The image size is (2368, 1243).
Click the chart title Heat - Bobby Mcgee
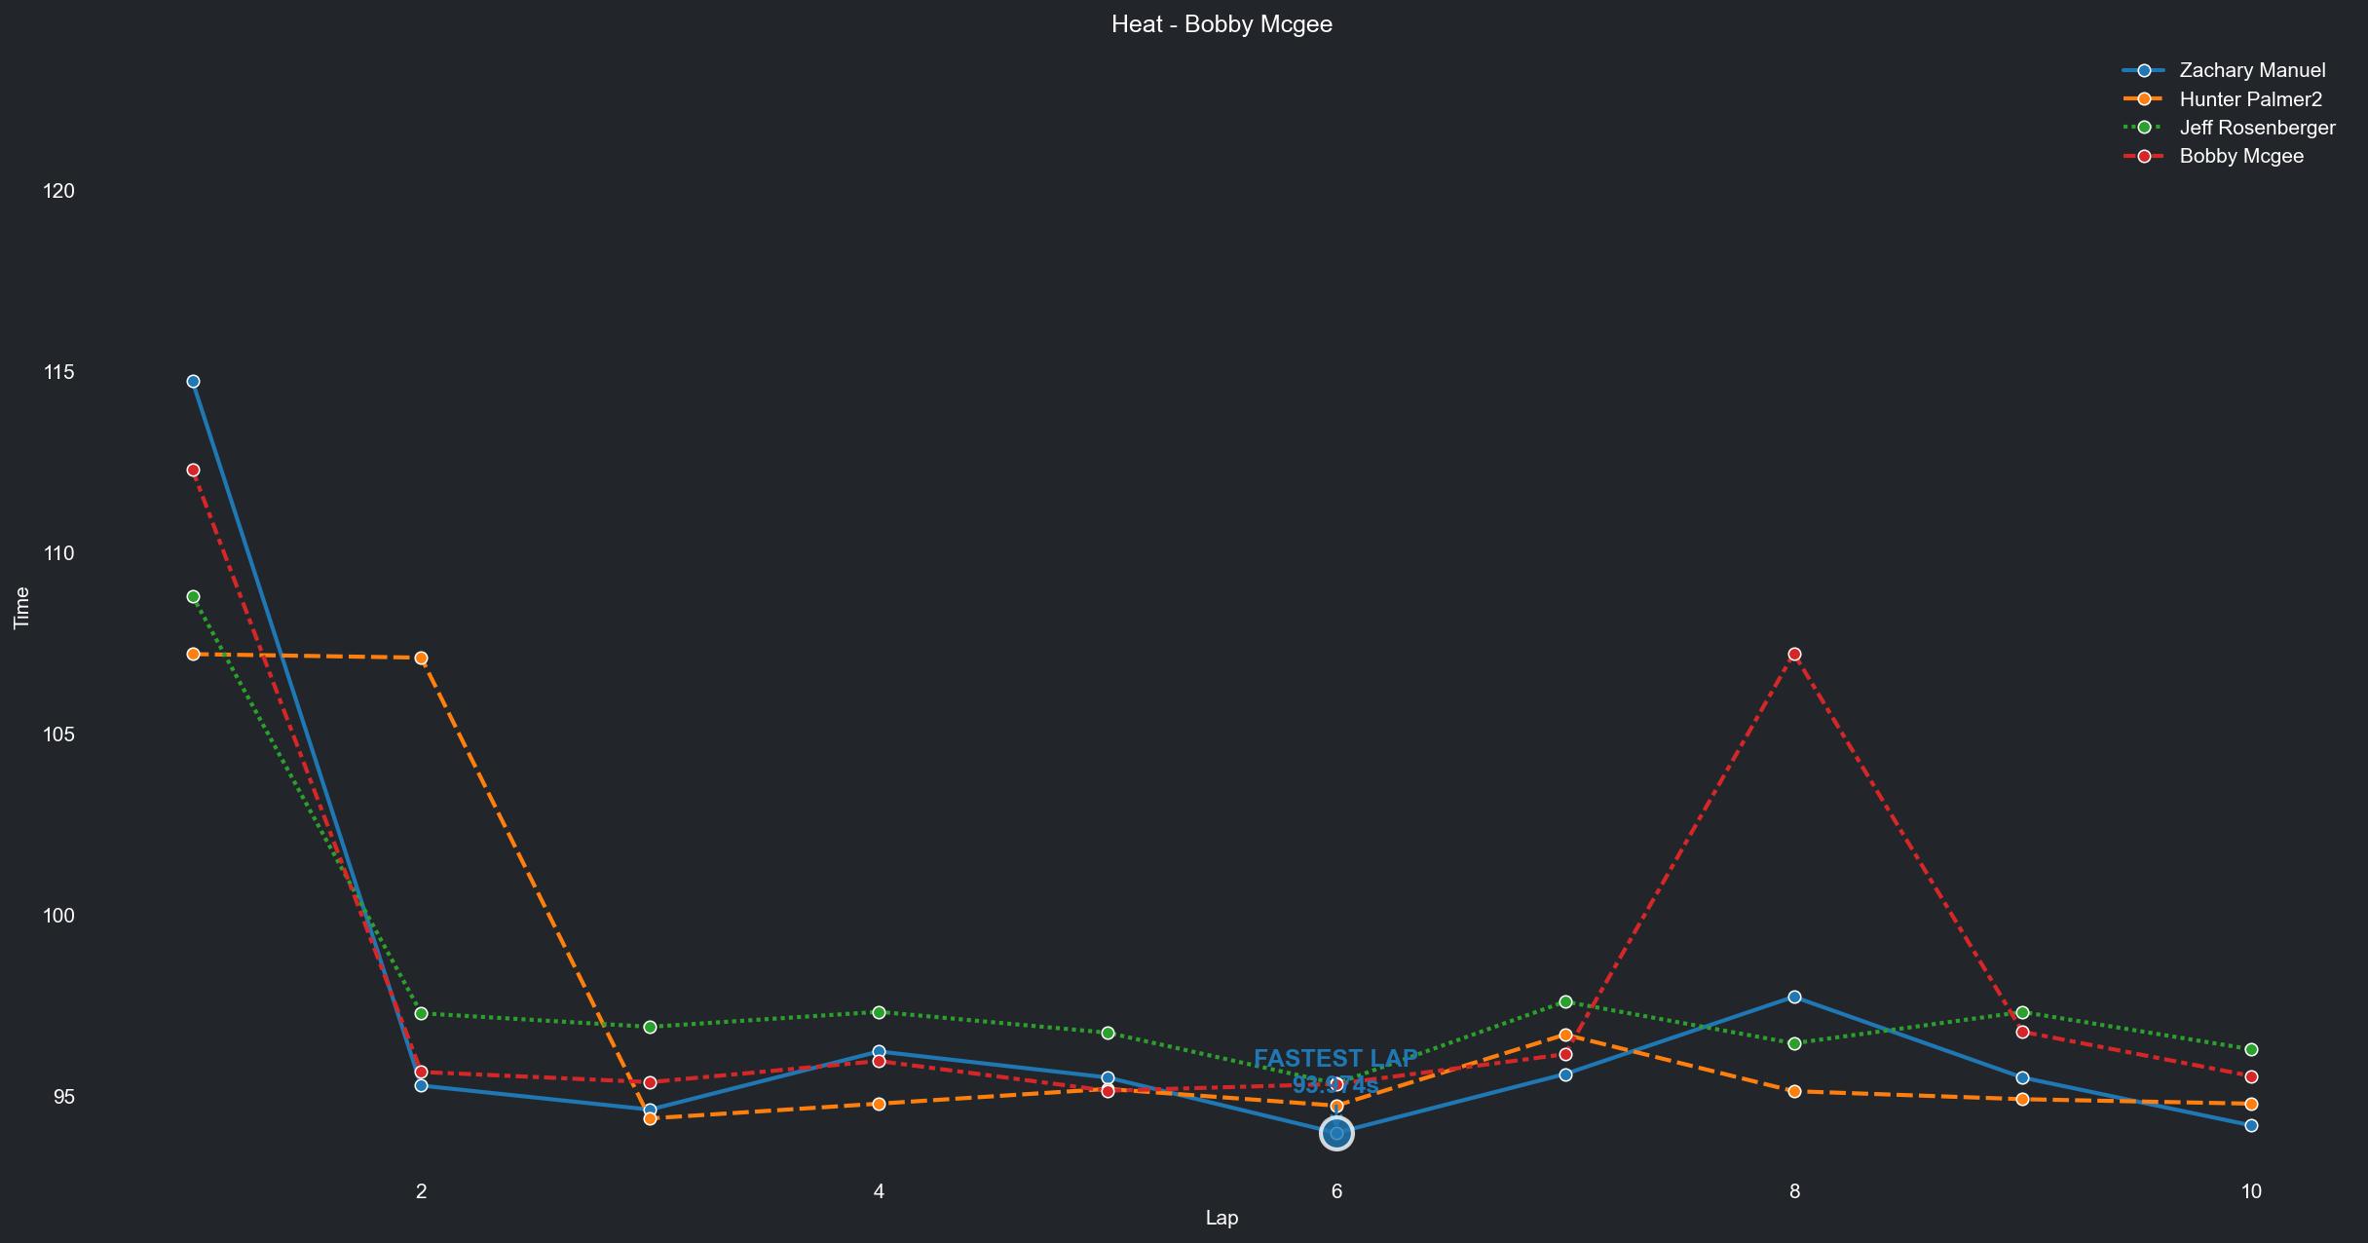click(x=1222, y=24)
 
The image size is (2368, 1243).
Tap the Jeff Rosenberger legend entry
click(x=2256, y=128)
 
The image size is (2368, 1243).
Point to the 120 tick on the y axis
click(x=58, y=191)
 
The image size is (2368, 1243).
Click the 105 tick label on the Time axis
click(x=58, y=734)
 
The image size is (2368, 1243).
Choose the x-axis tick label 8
click(x=1794, y=1191)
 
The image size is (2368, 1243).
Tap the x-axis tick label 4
click(x=879, y=1191)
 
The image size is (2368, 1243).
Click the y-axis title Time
click(x=21, y=608)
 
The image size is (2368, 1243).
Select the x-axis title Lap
click(x=1222, y=1218)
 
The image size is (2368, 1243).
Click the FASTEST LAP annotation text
click(x=1335, y=1059)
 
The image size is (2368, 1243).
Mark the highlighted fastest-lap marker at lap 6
click(x=1336, y=1133)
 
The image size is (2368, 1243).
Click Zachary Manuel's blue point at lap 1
click(x=193, y=381)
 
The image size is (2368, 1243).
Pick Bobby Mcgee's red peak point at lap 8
click(x=1794, y=654)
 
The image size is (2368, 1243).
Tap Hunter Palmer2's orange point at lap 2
click(x=421, y=658)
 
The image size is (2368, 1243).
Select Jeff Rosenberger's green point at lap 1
click(x=193, y=596)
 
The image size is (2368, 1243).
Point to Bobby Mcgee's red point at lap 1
click(x=193, y=470)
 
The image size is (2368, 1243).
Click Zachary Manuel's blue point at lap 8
click(x=1794, y=997)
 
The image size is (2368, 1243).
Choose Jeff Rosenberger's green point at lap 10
click(x=2251, y=1049)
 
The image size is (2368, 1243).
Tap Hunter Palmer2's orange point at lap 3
click(x=650, y=1118)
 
